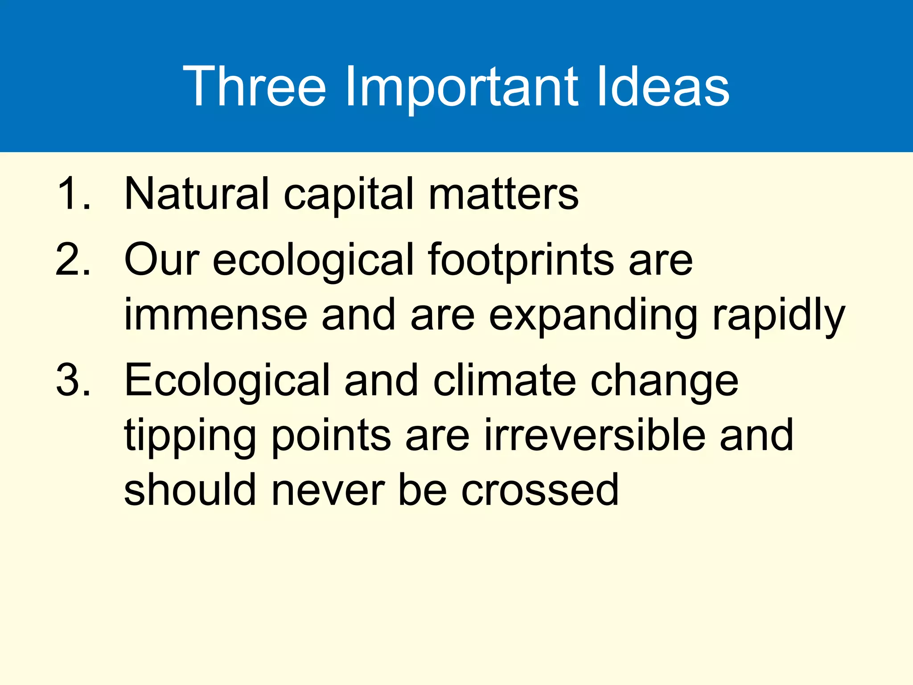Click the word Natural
coord(196,194)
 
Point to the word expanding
coord(593,315)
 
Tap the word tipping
coord(190,435)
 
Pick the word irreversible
coord(595,435)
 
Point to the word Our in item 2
coord(161,260)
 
